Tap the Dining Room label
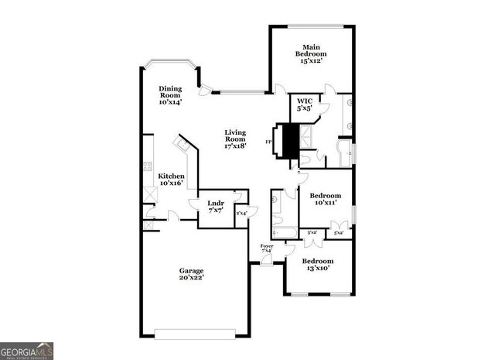tap(170, 94)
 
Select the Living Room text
tap(235, 138)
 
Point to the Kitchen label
tap(171, 180)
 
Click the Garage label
tap(192, 273)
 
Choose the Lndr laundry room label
tap(216, 206)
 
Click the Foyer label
tap(266, 248)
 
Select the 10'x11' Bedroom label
tap(326, 200)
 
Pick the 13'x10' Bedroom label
tap(317, 265)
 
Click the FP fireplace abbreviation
tap(268, 142)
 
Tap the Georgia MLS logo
tap(27, 351)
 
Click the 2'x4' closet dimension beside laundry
tap(241, 213)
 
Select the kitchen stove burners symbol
tap(147, 166)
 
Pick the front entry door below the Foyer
tap(266, 262)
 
